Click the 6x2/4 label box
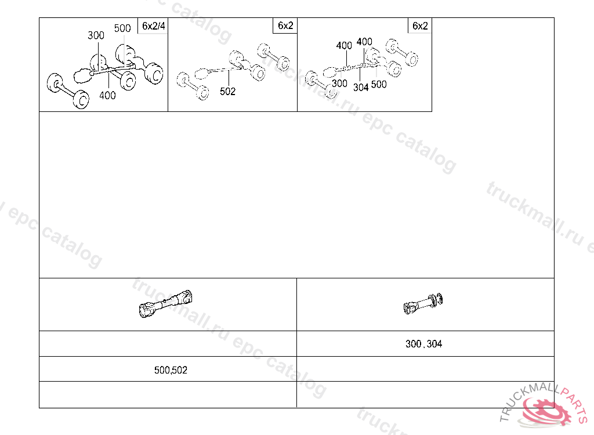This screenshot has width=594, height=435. pyautogui.click(x=153, y=26)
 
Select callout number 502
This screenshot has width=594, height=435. pyautogui.click(x=227, y=91)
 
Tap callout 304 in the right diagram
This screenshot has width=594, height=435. pyautogui.click(x=361, y=88)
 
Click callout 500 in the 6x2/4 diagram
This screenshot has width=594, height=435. pyautogui.click(x=122, y=28)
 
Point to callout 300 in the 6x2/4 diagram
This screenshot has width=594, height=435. pyautogui.click(x=96, y=35)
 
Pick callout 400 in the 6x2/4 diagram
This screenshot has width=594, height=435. pyautogui.click(x=107, y=96)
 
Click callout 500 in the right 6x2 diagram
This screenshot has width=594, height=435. pyautogui.click(x=379, y=85)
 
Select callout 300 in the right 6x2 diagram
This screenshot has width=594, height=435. pyautogui.click(x=339, y=84)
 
